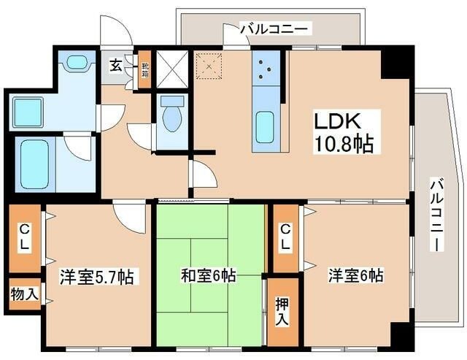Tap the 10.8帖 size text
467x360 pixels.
(x=344, y=144)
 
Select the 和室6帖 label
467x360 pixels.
(x=208, y=276)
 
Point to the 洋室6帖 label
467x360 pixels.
(x=355, y=276)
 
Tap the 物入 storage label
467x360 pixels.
(x=25, y=295)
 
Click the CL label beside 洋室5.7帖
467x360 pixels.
(x=25, y=239)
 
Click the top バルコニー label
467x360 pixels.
(x=275, y=29)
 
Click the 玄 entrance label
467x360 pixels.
(x=116, y=66)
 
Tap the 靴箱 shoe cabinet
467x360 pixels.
(x=145, y=71)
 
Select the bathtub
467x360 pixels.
(x=34, y=164)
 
